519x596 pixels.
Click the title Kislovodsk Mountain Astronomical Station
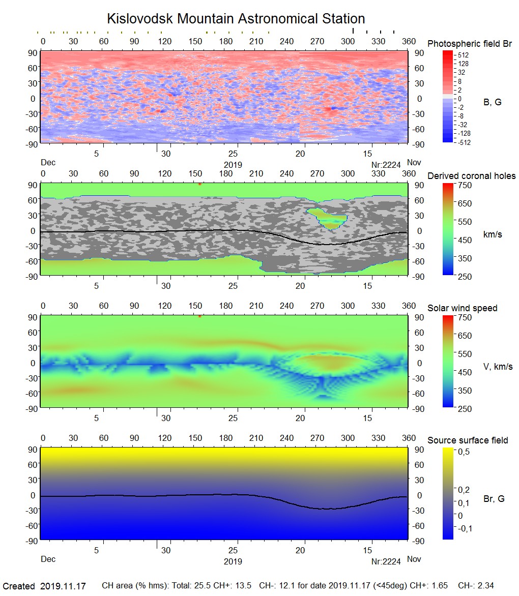(236, 19)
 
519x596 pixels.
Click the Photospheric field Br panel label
(469, 44)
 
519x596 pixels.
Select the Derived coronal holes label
(471, 176)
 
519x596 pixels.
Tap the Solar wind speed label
(462, 308)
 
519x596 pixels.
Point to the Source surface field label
(468, 440)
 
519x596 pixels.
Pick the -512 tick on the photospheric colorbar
(464, 142)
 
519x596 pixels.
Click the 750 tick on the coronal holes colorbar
(465, 185)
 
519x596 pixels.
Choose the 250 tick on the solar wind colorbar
(465, 408)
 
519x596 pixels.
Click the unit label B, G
(492, 102)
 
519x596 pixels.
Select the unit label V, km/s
(497, 367)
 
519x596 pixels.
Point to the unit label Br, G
(494, 499)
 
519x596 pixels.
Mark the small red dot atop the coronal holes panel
(200, 184)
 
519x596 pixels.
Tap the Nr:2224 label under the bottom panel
(386, 561)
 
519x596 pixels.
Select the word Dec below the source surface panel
(48, 559)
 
